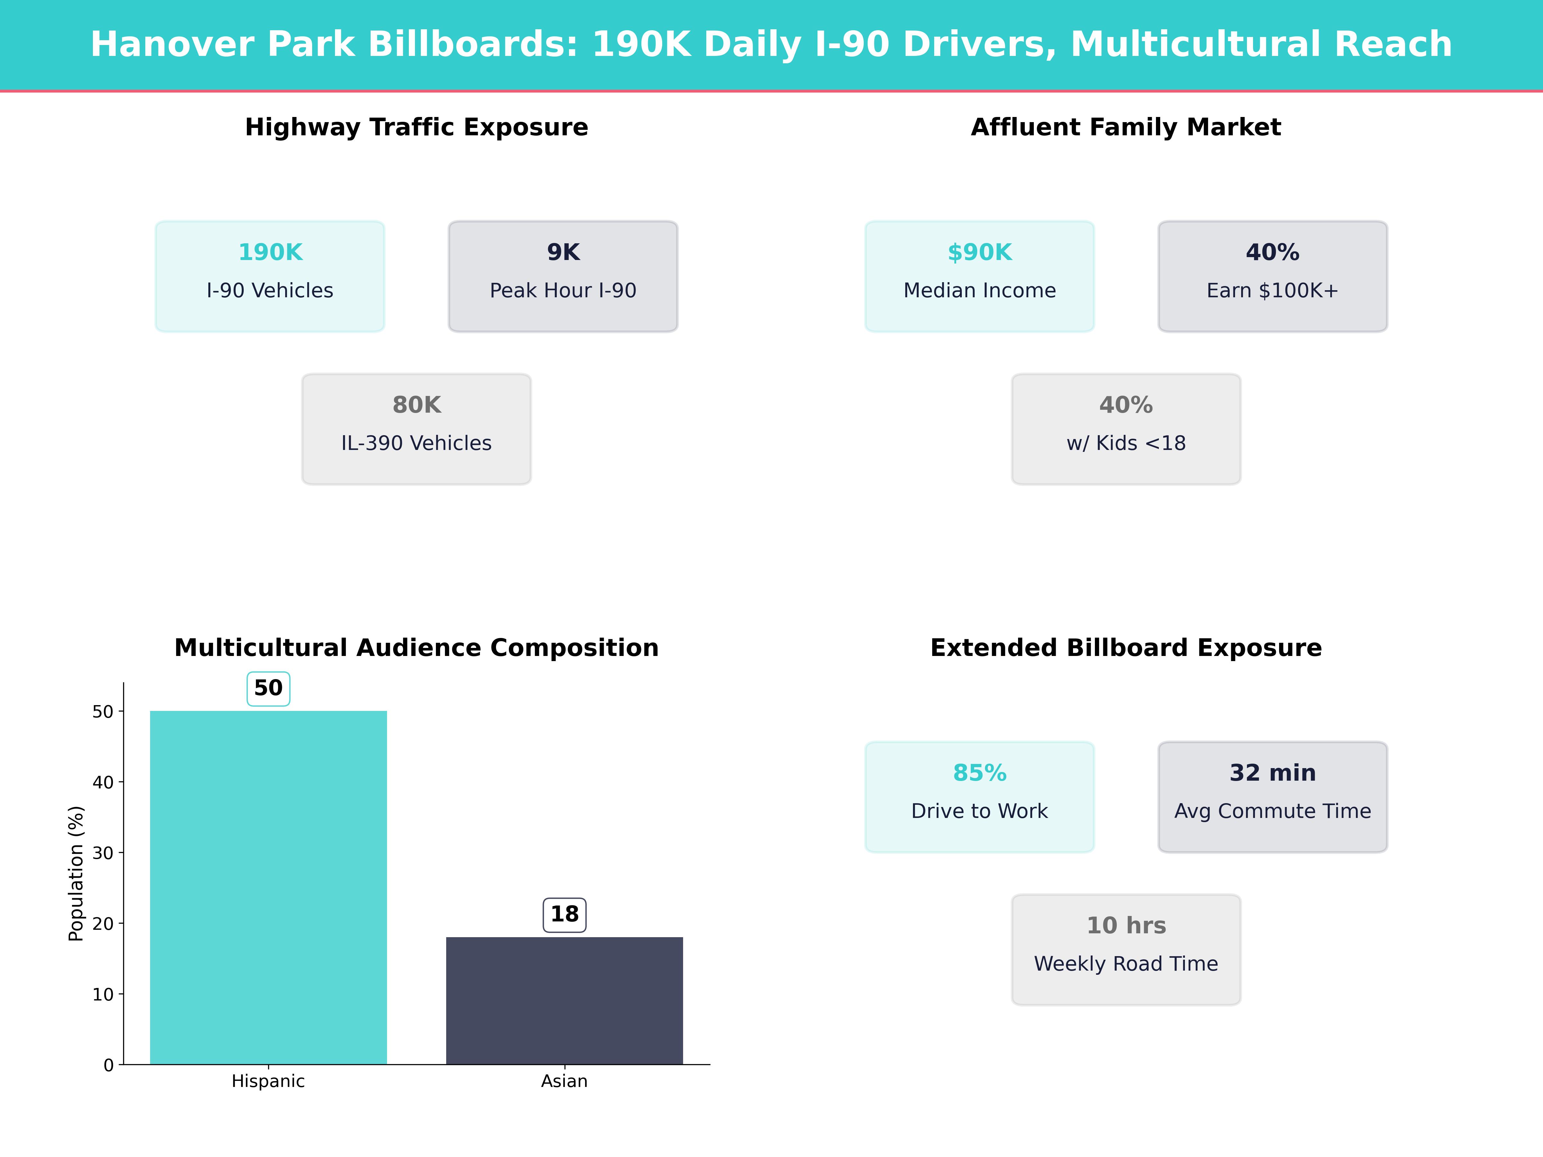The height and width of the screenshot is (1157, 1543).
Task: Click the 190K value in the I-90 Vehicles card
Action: pos(270,253)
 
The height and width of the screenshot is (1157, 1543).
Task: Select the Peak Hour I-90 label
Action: pos(563,291)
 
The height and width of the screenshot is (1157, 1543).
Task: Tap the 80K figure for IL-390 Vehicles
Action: pos(416,405)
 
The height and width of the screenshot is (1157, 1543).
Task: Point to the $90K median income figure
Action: pos(979,253)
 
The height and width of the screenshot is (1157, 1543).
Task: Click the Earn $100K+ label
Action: pos(1272,291)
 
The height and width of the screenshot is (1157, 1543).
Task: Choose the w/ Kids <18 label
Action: pos(1126,444)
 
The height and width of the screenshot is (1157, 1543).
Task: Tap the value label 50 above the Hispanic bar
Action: pos(268,688)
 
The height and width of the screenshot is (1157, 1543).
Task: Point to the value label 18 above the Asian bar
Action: pos(564,914)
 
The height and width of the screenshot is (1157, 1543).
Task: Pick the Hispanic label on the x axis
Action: pos(268,1082)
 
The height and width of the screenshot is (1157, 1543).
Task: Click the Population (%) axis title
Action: pos(76,873)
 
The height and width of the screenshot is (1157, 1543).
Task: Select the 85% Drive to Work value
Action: pos(979,774)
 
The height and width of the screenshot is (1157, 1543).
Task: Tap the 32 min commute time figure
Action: pos(1272,774)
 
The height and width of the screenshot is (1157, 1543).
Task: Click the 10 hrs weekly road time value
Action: pos(1126,926)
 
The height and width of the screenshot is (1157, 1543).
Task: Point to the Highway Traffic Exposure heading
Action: pos(416,128)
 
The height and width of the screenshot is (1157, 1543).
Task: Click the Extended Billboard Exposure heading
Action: pos(1126,648)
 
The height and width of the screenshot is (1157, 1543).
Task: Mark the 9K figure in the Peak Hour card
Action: pos(563,253)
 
